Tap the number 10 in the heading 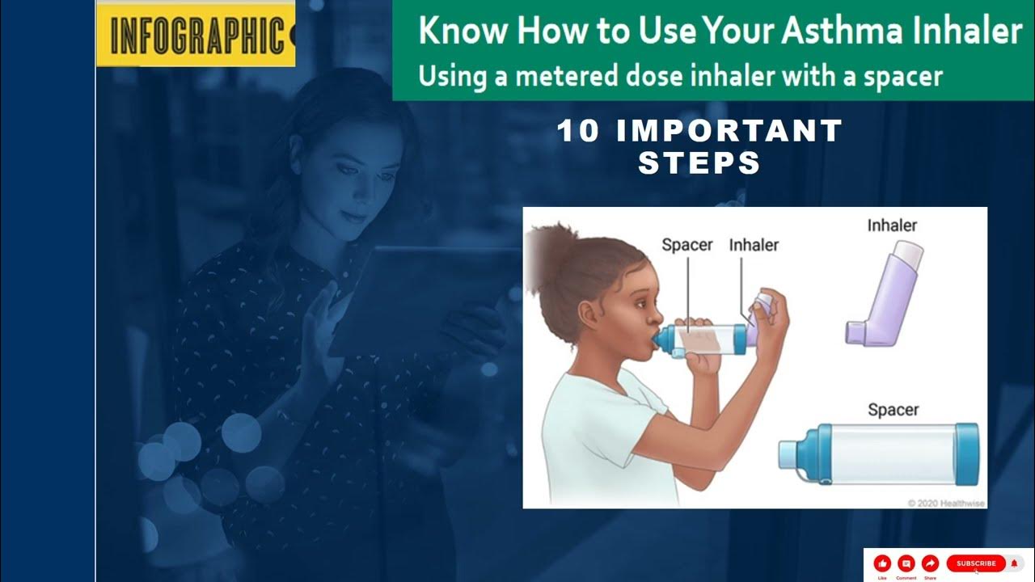[578, 131]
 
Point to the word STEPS [699, 163]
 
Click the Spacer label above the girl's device [686, 244]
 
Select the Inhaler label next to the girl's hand [754, 244]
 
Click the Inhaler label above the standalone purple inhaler [892, 226]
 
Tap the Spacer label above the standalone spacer [893, 410]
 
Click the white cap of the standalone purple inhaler [911, 255]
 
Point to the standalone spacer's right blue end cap [966, 455]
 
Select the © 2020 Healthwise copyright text [945, 503]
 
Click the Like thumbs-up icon [882, 563]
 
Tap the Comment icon [906, 563]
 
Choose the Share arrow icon [930, 563]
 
